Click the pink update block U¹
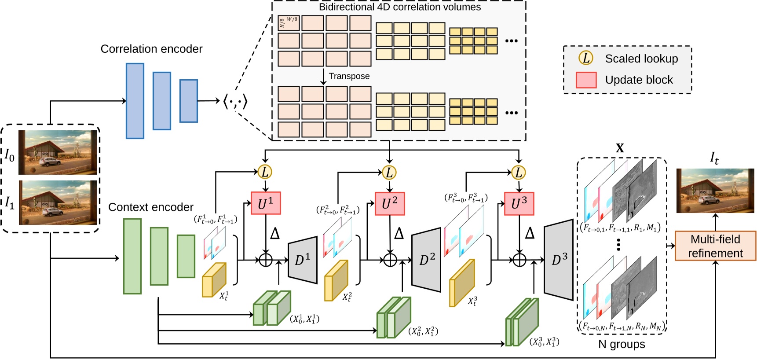click(265, 203)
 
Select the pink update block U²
click(389, 204)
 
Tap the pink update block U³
click(519, 204)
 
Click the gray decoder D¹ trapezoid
click(303, 260)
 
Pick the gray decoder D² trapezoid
click(426, 260)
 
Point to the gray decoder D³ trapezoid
click(559, 260)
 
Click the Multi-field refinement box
click(715, 246)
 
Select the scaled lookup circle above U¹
click(265, 172)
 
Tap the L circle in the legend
click(586, 58)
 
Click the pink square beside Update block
click(586, 80)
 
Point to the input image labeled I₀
click(58, 152)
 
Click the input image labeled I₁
click(58, 202)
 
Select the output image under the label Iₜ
click(715, 191)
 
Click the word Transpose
click(349, 76)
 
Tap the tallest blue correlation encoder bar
click(135, 101)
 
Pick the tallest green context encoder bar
click(132, 256)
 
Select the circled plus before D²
click(390, 260)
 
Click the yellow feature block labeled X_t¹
click(214, 280)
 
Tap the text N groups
click(621, 345)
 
